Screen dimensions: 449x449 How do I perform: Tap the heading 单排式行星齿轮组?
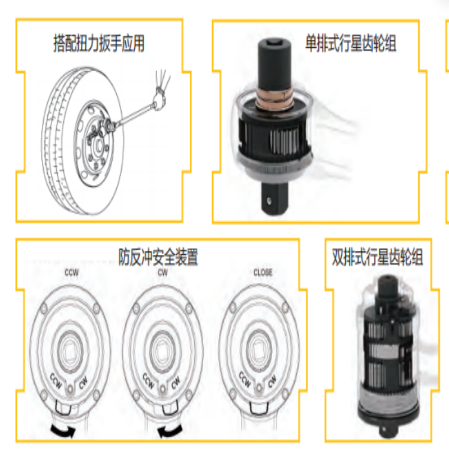pyautogui.click(x=350, y=43)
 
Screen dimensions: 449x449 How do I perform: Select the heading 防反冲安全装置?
pyautogui.click(x=158, y=257)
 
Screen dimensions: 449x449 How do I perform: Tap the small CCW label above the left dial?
pyautogui.click(x=70, y=273)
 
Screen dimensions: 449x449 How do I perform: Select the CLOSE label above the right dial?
pyautogui.click(x=262, y=273)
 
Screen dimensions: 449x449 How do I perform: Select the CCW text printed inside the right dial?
pyautogui.click(x=244, y=381)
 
